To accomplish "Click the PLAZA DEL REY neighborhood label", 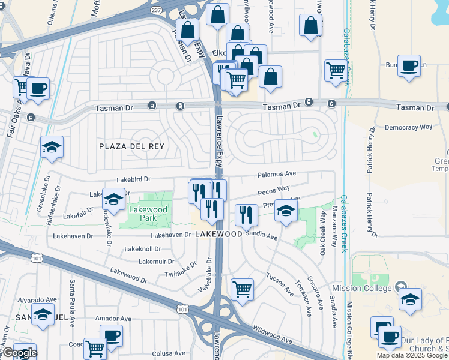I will (x=131, y=146).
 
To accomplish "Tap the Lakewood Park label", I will (x=143, y=213).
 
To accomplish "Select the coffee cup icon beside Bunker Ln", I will (x=409, y=66).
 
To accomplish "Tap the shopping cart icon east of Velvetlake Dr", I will (x=242, y=289).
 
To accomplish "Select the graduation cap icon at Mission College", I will (x=410, y=299).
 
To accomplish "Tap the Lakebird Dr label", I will (x=134, y=179).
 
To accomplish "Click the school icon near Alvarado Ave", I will (x=43, y=314).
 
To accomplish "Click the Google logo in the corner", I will (x=19, y=353).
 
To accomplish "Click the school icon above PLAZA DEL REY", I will (x=52, y=147).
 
